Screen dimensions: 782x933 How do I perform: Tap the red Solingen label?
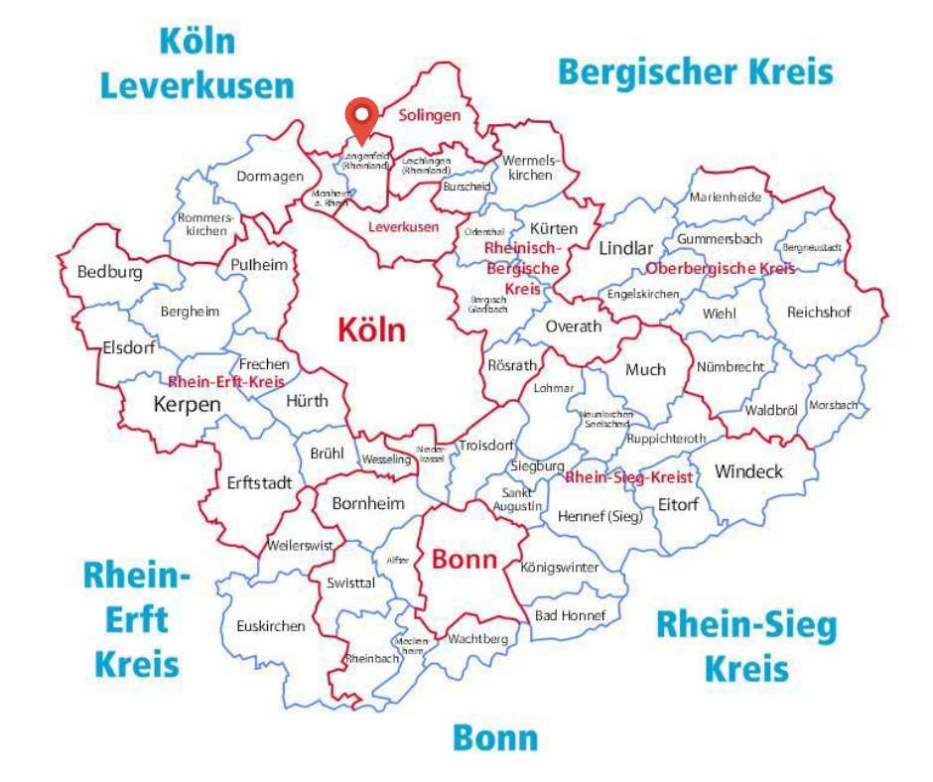[x=430, y=115]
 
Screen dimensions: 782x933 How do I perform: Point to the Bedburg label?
[x=109, y=272]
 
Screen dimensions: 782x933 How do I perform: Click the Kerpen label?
[x=187, y=404]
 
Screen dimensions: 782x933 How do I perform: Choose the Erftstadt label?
[x=259, y=483]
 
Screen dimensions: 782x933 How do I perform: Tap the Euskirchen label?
[x=271, y=626]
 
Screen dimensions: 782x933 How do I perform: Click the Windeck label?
[x=748, y=470]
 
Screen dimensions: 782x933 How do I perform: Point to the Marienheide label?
[x=726, y=196]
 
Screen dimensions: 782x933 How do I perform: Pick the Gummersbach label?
[x=719, y=239]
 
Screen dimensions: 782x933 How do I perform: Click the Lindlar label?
[x=626, y=249]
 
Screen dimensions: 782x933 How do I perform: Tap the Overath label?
[x=574, y=326]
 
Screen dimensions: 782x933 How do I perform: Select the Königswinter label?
[x=560, y=568]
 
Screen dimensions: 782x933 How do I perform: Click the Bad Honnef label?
[x=570, y=615]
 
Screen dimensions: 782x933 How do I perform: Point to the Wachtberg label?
[x=477, y=639]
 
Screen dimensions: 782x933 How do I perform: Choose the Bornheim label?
[x=368, y=504]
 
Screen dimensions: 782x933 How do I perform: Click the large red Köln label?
[x=372, y=330]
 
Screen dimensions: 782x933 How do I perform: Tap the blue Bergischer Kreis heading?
[x=695, y=72]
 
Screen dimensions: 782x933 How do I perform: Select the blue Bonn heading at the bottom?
[x=495, y=737]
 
